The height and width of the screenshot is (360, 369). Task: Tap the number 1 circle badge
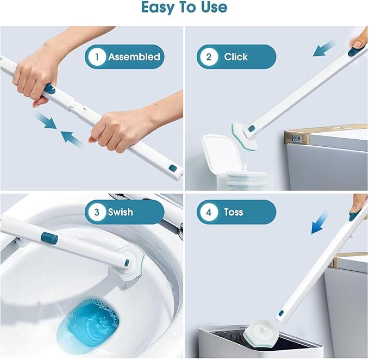(97, 57)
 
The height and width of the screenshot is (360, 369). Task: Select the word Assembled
(134, 57)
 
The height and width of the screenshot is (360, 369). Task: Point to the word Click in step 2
(236, 57)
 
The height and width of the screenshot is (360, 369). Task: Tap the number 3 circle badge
(97, 212)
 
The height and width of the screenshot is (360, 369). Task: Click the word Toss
(234, 212)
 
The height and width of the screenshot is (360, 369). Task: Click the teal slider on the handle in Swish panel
(49, 238)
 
